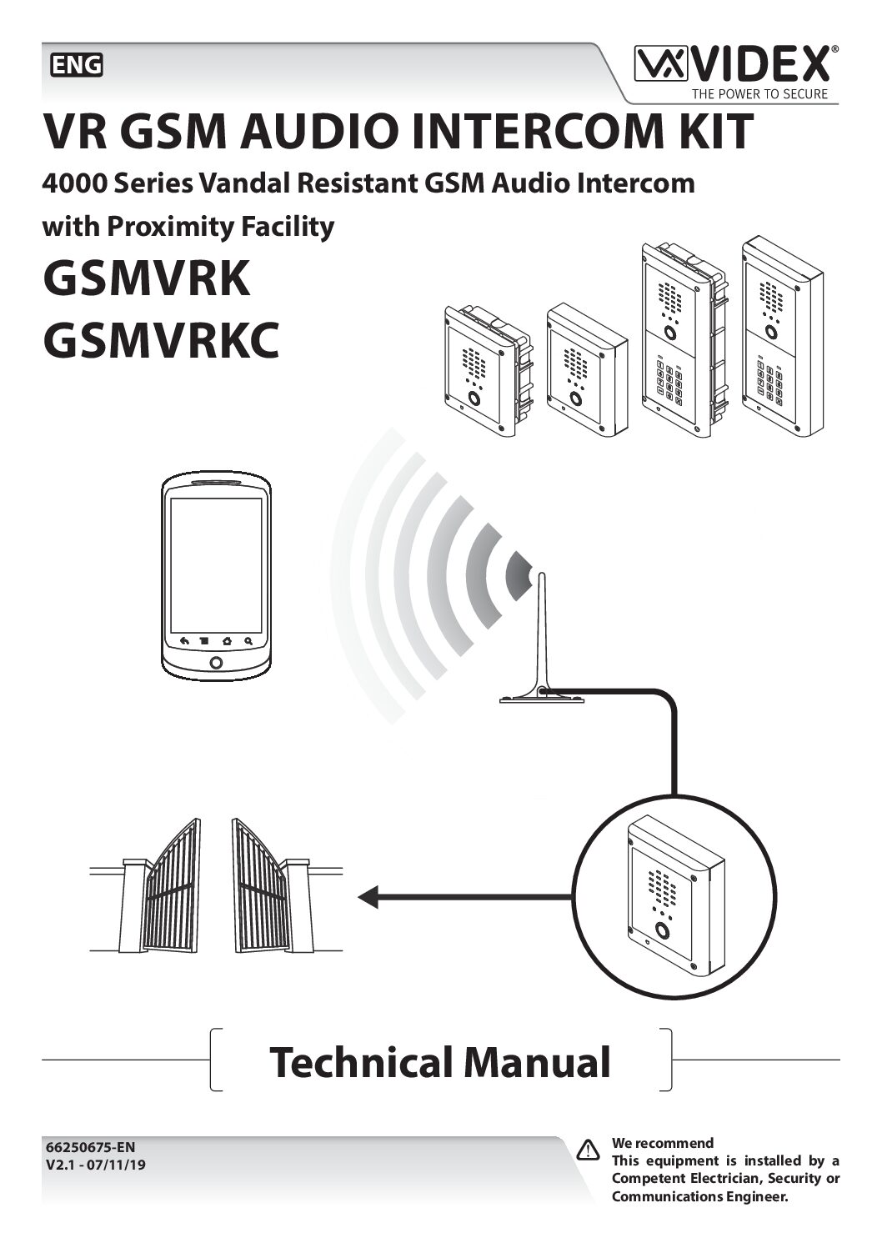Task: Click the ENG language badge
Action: [77, 65]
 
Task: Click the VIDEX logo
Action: [734, 64]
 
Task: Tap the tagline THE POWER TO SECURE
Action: [759, 94]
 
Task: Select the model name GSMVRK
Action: [146, 278]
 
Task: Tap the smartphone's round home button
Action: [216, 663]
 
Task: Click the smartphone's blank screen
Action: [216, 565]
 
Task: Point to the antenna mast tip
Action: [542, 577]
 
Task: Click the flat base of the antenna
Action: [541, 699]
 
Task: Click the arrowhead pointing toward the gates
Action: [368, 897]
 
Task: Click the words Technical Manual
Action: [440, 1062]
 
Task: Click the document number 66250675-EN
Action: [90, 1147]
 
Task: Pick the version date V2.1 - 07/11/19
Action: [96, 1165]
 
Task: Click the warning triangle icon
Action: [589, 1150]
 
